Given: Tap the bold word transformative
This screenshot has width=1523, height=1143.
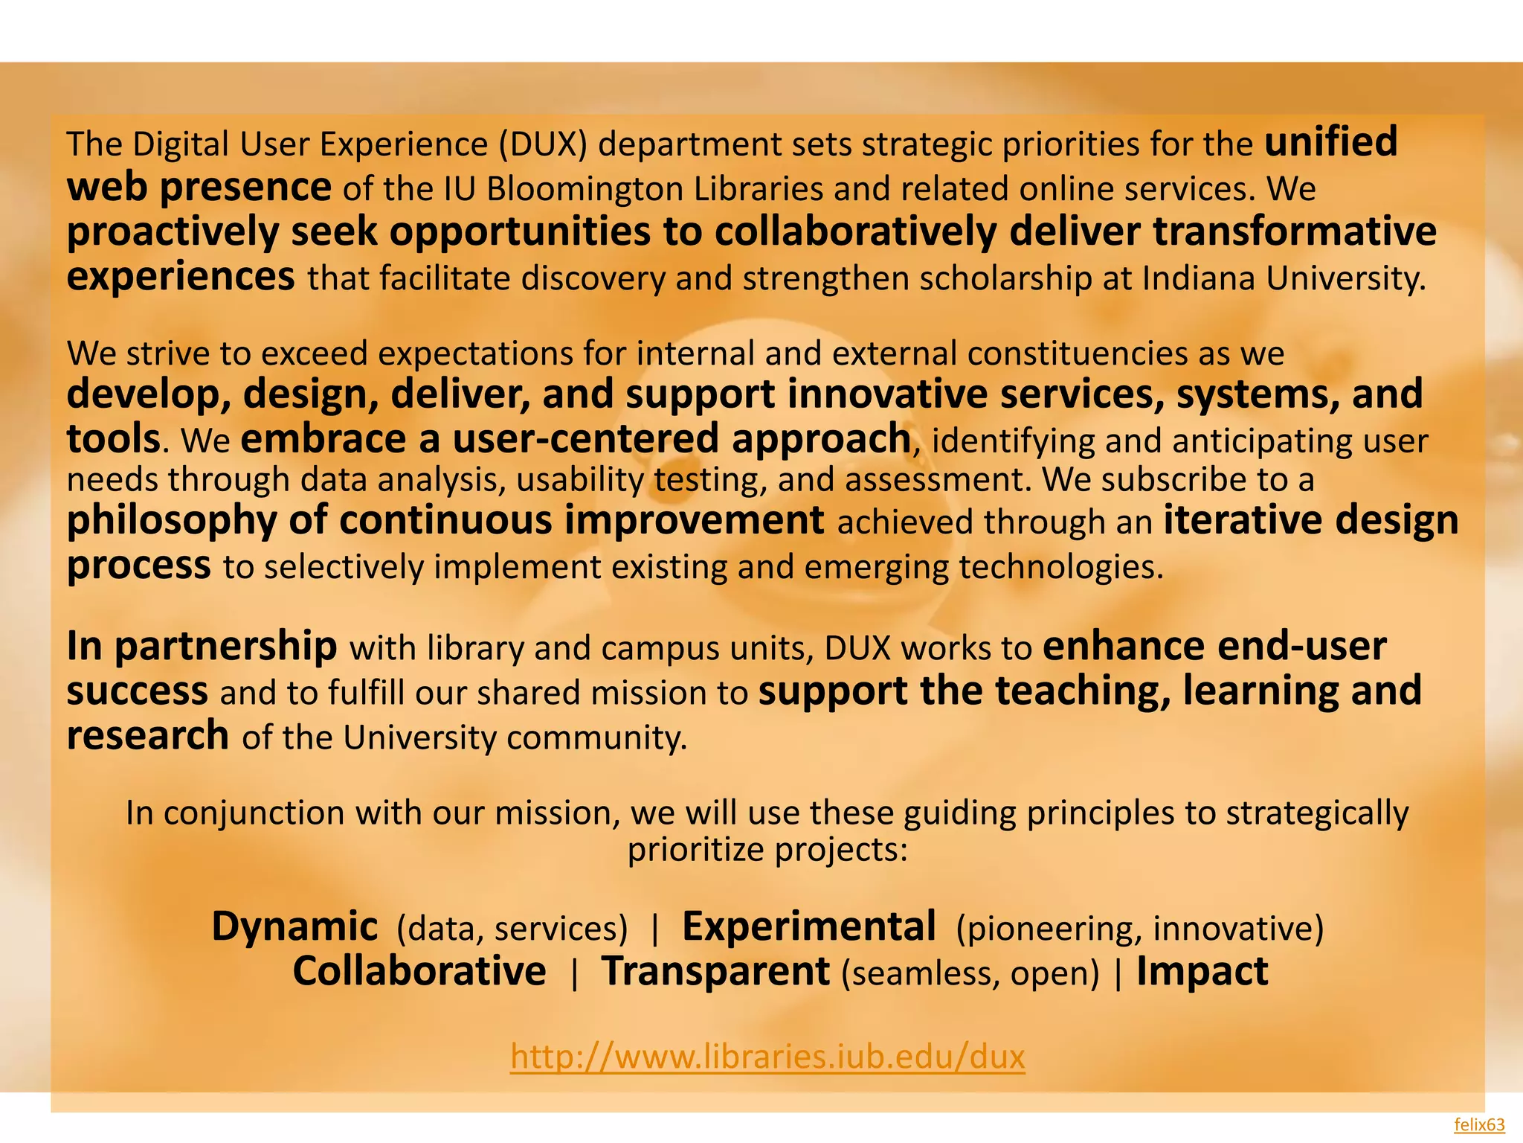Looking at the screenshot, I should click(x=1295, y=231).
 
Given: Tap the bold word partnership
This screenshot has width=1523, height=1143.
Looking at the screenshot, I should click(x=225, y=646).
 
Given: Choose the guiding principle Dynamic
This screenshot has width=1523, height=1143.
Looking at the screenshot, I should click(x=294, y=927).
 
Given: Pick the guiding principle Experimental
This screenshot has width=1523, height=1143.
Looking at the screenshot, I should click(x=808, y=927).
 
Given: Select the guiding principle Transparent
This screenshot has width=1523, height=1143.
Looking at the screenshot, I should click(x=715, y=972).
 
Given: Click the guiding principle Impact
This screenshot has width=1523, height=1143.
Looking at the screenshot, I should click(x=1202, y=972).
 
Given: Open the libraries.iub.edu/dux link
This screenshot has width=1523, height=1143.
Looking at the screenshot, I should click(x=767, y=1057).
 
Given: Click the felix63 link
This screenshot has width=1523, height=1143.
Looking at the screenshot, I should click(x=1479, y=1124).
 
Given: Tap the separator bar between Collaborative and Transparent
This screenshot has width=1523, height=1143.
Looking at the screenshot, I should click(x=573, y=974).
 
